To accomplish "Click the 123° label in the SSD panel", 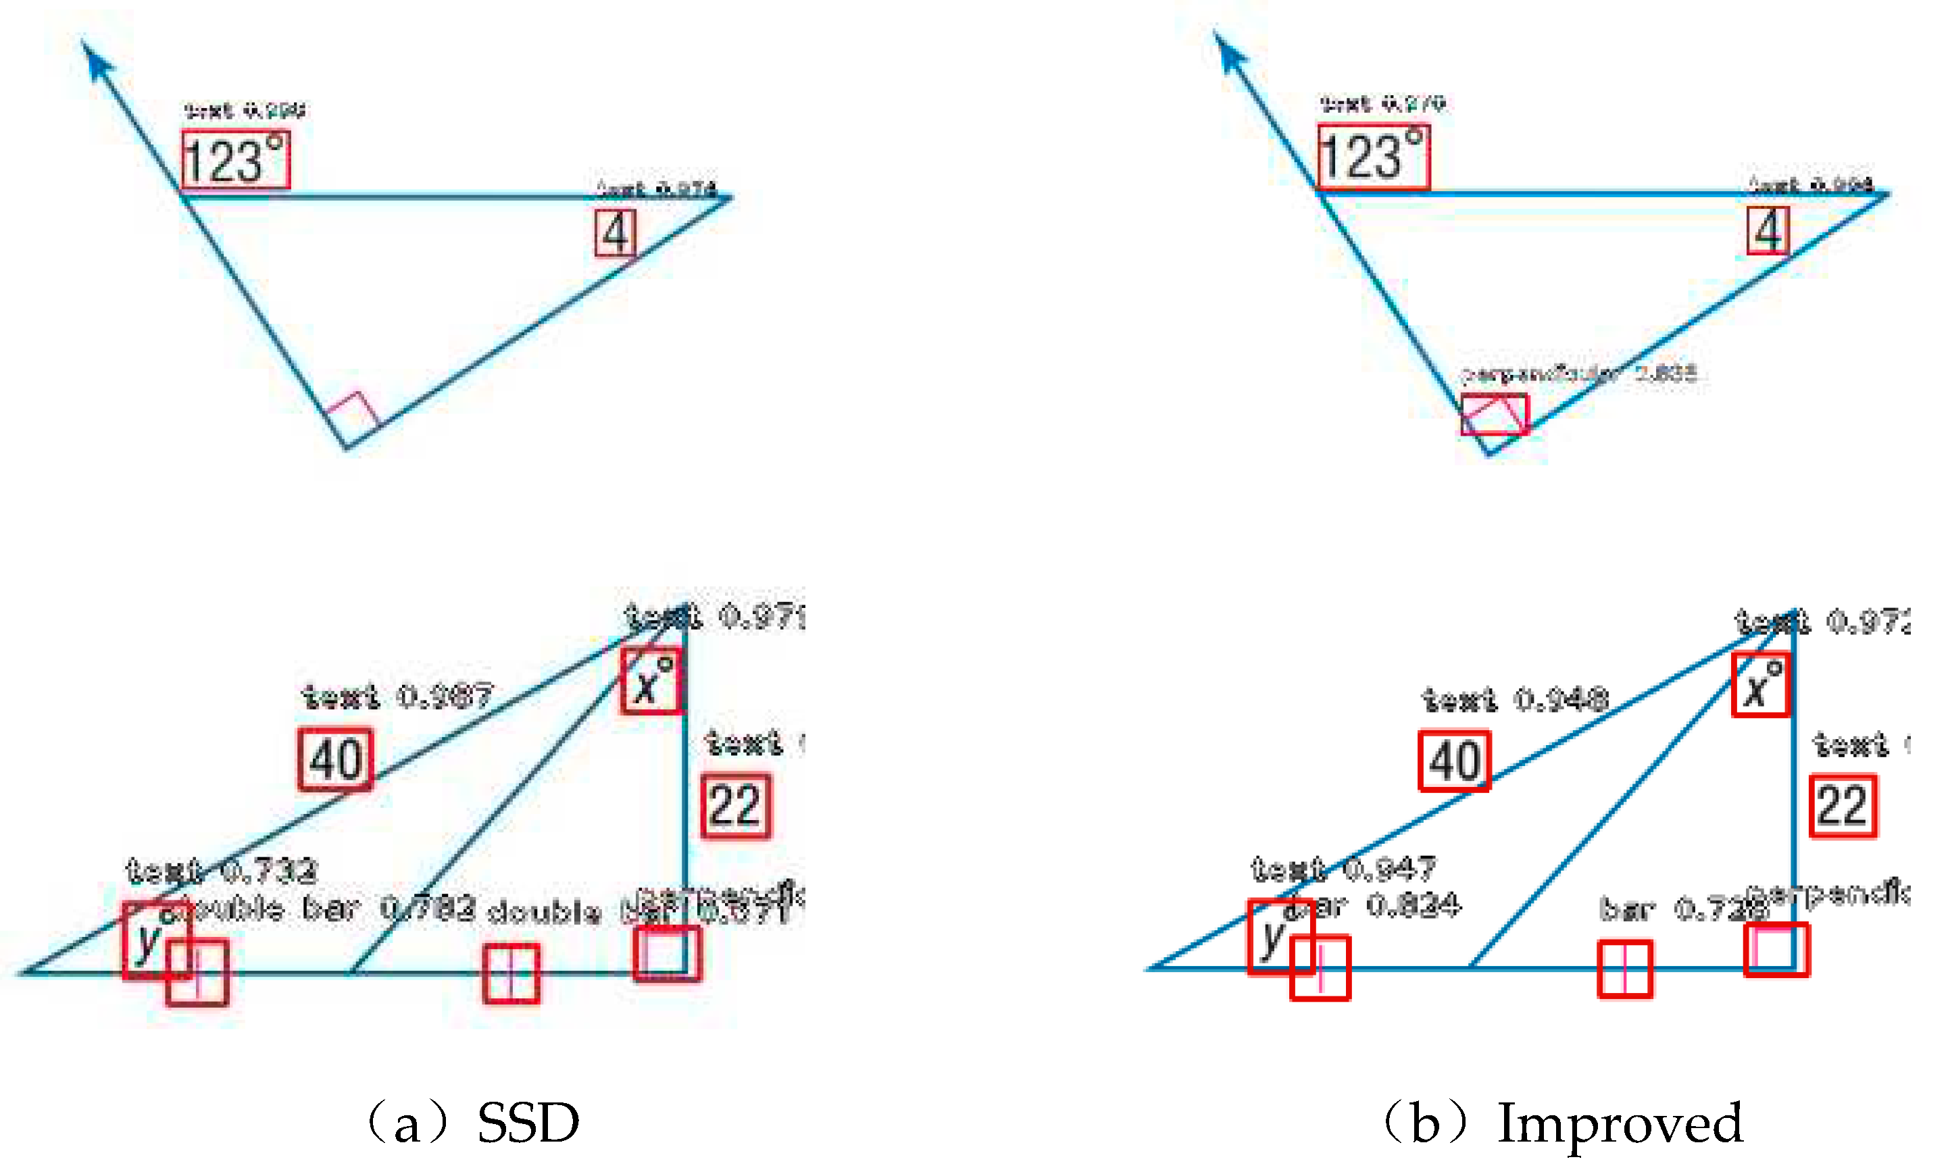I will pos(234,159).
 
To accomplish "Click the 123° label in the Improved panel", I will pos(1373,156).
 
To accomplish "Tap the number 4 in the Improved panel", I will pos(1768,230).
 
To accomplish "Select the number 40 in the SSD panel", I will pos(335,759).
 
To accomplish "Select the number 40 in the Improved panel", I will pos(1454,761).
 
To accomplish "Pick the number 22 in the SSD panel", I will pos(735,806).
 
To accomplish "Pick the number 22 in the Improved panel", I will pos(1843,806).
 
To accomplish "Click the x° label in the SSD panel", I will pos(650,681).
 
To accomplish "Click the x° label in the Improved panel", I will pos(1760,685).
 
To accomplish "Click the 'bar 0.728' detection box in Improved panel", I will pos(1624,968).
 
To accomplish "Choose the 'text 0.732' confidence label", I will pos(221,870).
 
